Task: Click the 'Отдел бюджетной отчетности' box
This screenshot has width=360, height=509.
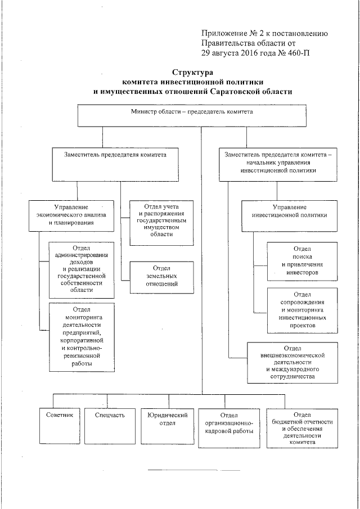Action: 301,427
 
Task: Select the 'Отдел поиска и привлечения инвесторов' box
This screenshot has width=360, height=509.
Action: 303,260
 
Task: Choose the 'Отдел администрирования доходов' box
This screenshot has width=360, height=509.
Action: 82,269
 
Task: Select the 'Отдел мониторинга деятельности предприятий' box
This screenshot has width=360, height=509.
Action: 82,337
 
